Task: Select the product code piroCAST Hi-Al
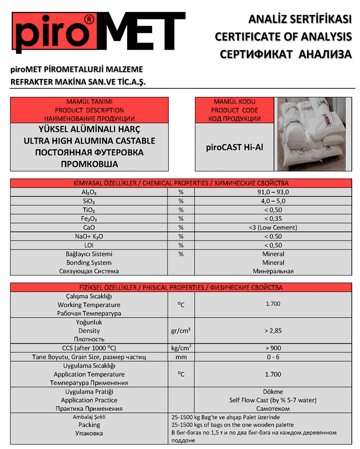[234, 147]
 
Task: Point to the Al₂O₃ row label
[89, 192]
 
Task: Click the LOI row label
[89, 245]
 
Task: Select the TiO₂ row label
[89, 210]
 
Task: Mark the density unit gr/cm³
[181, 331]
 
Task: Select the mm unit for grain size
[181, 357]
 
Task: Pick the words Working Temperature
[89, 305]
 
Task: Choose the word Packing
[89, 425]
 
